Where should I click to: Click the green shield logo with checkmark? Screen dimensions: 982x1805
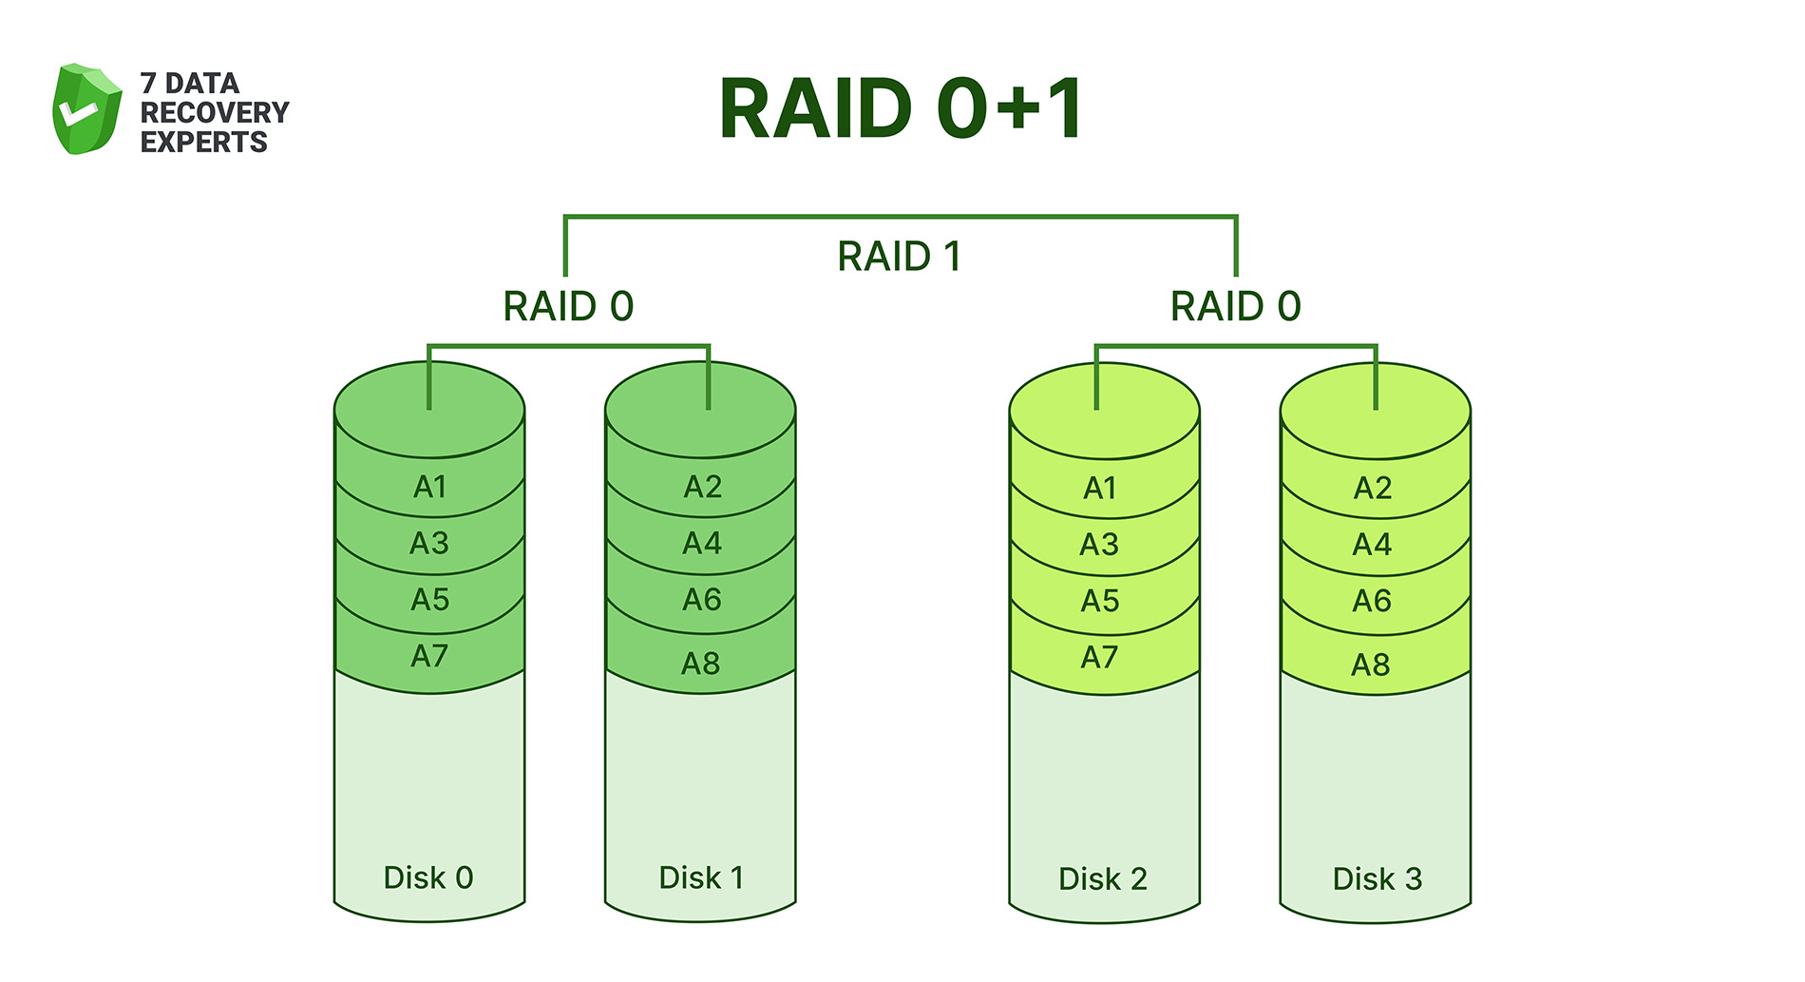86,109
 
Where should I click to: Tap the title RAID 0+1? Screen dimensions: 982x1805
900,108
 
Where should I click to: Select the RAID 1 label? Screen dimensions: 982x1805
899,257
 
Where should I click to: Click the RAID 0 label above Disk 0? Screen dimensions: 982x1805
568,306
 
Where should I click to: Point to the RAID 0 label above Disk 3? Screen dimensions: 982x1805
1235,306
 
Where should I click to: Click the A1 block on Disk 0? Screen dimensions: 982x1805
429,488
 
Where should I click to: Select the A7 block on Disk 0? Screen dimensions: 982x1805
429,657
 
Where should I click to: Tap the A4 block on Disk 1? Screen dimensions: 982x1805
702,544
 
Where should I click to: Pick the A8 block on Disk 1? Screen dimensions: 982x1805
701,664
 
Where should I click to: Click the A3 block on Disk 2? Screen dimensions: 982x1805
1099,545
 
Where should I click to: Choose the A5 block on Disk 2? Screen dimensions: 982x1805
1100,602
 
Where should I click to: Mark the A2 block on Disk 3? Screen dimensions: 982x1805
1373,489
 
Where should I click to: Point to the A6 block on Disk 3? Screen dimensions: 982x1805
1372,602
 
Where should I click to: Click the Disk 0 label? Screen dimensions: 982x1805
428,877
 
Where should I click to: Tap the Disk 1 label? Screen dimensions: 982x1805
701,877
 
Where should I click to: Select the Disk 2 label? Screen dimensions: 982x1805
1103,879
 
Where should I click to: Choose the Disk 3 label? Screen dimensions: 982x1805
1377,879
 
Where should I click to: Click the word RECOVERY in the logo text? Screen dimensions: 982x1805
215,112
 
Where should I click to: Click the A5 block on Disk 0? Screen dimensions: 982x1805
429,601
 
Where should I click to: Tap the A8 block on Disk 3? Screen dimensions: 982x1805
1371,664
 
